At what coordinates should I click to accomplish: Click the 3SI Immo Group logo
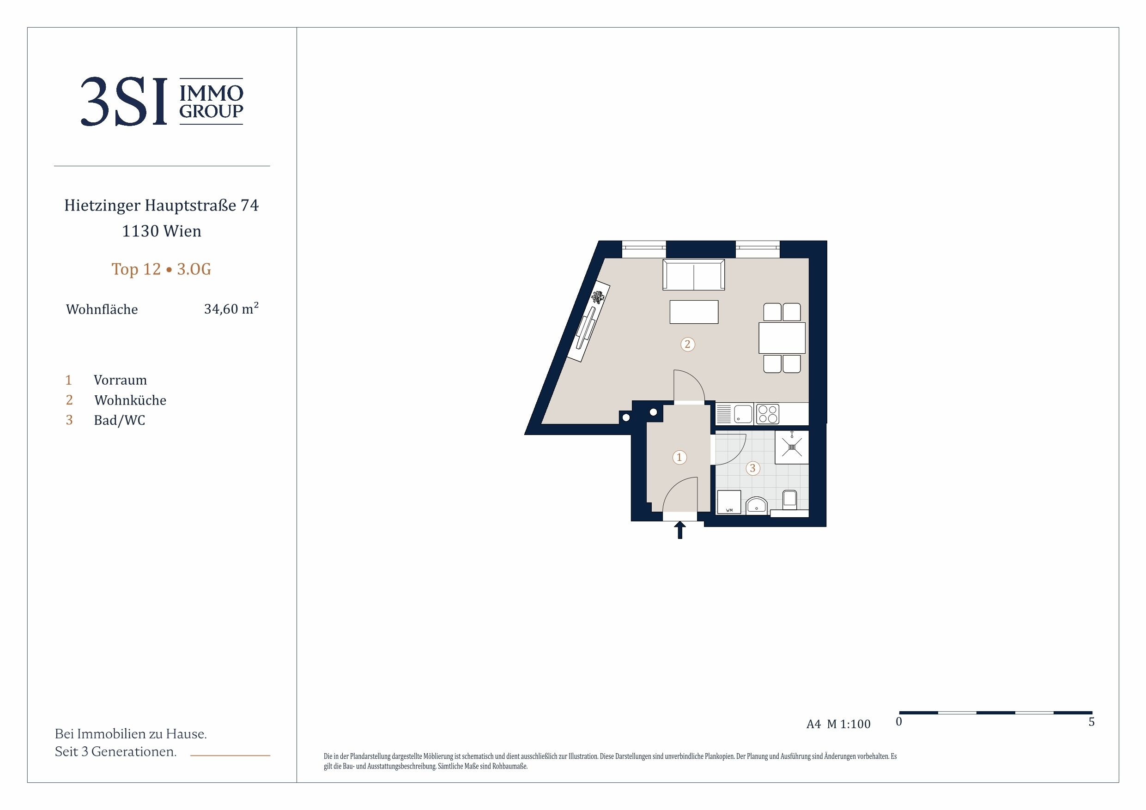(162, 101)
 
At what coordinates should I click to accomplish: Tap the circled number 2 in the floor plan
(687, 344)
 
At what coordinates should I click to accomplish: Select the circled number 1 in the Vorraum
(679, 457)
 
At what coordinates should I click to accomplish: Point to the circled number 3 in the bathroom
(753, 468)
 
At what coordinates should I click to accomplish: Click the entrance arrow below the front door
(679, 530)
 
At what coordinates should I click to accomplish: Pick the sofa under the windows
(694, 274)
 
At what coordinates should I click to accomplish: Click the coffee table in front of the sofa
(694, 312)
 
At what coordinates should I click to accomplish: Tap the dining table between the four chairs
(782, 338)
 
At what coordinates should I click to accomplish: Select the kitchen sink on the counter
(743, 414)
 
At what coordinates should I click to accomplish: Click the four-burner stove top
(767, 414)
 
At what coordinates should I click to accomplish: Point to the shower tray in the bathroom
(792, 447)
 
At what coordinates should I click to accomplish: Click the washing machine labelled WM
(729, 502)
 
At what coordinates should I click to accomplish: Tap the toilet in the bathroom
(789, 500)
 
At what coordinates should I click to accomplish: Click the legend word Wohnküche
(130, 400)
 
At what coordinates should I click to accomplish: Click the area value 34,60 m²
(231, 308)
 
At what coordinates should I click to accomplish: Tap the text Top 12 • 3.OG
(161, 269)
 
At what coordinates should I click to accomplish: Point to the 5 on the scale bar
(1091, 722)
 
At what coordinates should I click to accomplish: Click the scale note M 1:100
(849, 724)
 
